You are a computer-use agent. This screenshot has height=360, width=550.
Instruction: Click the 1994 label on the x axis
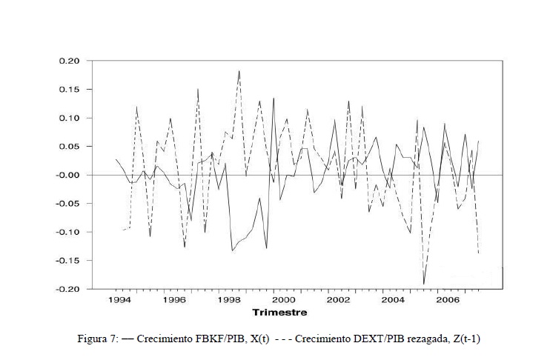click(119, 300)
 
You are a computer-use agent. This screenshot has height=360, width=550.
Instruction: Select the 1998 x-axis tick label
click(229, 300)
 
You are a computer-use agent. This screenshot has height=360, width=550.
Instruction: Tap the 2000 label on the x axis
click(284, 300)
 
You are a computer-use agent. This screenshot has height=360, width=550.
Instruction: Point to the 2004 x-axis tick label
click(394, 300)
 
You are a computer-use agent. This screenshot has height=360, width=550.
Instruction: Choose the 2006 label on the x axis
click(448, 300)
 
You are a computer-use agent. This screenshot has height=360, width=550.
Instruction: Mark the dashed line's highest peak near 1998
click(239, 71)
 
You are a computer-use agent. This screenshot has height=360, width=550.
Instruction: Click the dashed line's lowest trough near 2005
click(424, 284)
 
